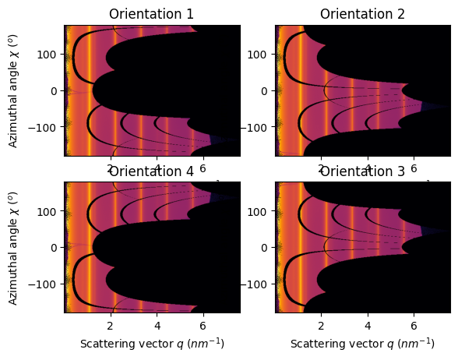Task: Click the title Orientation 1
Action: (x=151, y=14)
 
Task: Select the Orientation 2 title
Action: (x=363, y=14)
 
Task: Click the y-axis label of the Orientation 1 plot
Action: (x=13, y=90)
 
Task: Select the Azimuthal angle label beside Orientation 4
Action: (x=13, y=247)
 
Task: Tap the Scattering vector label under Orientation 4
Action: (x=151, y=344)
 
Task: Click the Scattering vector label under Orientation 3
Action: (x=363, y=344)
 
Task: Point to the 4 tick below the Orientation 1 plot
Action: (x=157, y=168)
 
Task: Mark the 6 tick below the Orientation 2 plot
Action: (x=414, y=168)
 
